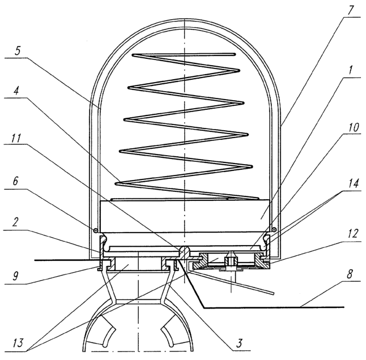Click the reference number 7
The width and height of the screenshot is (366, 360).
pos(350,10)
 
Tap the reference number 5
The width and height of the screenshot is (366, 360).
pos(18,50)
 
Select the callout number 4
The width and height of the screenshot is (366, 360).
pos(16,91)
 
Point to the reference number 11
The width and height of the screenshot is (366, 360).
pos(16,138)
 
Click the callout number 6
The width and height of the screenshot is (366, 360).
pos(16,181)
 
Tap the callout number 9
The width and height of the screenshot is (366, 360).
pos(16,276)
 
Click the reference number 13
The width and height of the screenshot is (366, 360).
pos(18,343)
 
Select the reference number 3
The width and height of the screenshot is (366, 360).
pos(239,343)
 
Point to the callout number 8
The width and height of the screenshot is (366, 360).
pos(350,274)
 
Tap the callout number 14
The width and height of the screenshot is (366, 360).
pos(354,183)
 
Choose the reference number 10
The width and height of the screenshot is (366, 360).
pos(354,127)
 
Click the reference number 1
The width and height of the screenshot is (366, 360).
pos(350,70)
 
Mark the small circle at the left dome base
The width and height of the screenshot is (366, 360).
pos(96,230)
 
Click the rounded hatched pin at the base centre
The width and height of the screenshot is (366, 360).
pos(184,252)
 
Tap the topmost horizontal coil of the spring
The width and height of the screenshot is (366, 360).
pos(184,54)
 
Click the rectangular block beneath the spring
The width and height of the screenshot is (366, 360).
pos(185,216)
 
